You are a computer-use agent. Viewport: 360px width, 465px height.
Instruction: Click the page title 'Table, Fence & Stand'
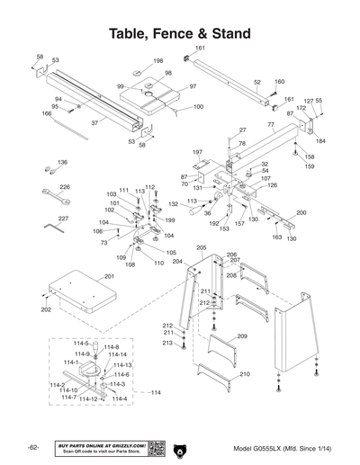coord(179,33)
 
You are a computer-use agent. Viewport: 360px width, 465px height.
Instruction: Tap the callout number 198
coord(158,61)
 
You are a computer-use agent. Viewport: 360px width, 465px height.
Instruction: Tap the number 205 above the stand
coord(201,247)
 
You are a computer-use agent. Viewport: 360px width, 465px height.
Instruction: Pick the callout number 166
coord(47,113)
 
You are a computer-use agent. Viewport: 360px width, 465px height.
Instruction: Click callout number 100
coord(198,107)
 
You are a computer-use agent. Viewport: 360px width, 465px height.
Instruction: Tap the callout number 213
coord(166,343)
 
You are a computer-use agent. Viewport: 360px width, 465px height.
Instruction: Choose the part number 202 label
coord(46,309)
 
